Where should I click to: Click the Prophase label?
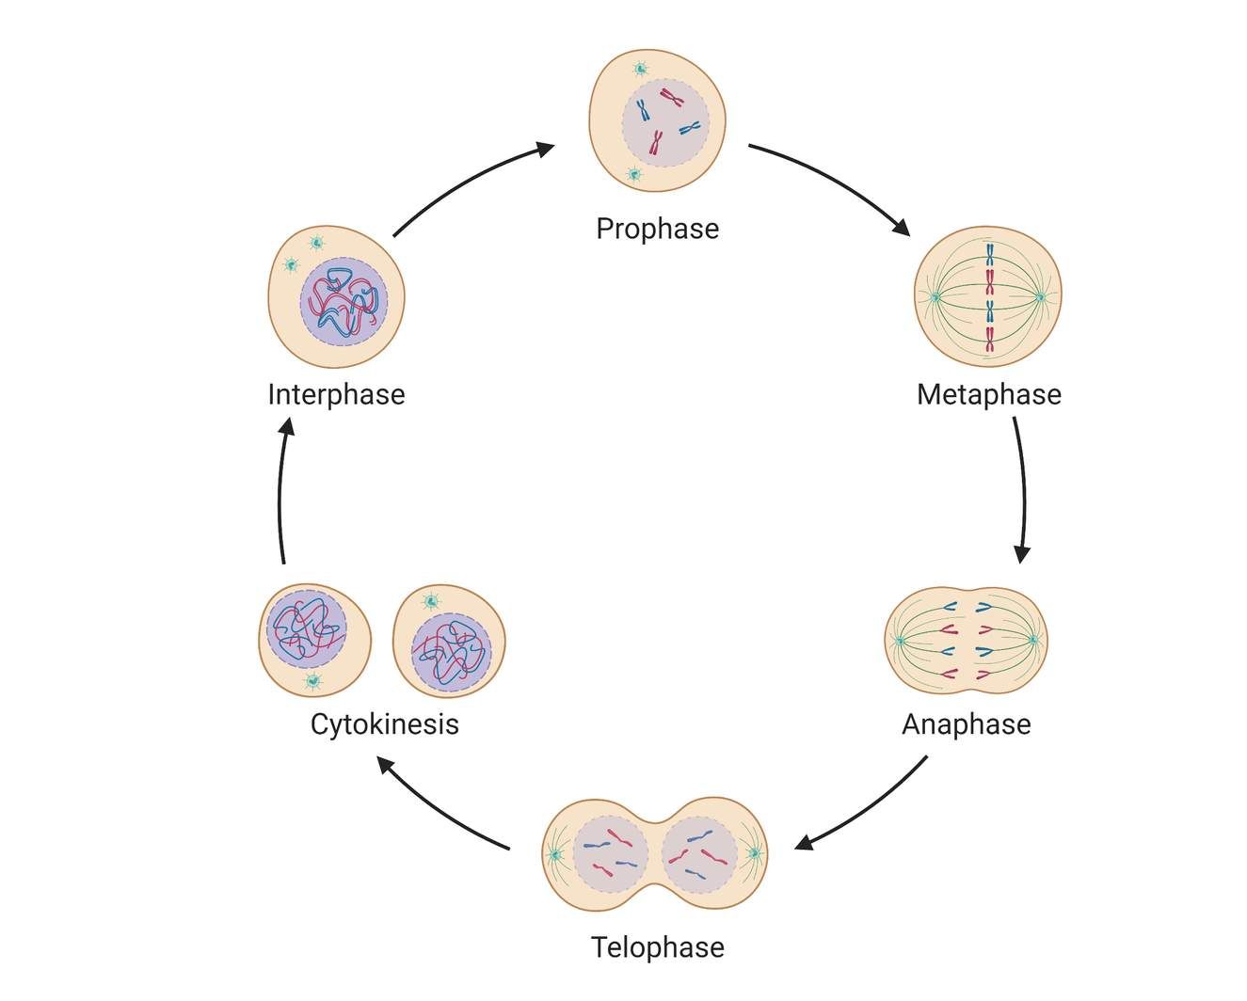coord(657,229)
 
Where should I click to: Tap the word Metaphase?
coord(988,394)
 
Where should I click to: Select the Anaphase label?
coord(966,724)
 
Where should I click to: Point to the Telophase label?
coord(657,946)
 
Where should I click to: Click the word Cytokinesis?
coord(384,724)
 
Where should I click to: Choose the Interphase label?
coord(336,394)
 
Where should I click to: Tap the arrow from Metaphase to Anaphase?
coord(1022,489)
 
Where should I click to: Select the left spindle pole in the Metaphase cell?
coord(935,297)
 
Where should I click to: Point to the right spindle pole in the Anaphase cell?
coord(1032,640)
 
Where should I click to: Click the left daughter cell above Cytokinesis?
coord(314,640)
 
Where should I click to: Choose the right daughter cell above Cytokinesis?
coord(449,641)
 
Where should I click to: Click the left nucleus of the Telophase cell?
coord(610,855)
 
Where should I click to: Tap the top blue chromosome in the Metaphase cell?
coord(990,253)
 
